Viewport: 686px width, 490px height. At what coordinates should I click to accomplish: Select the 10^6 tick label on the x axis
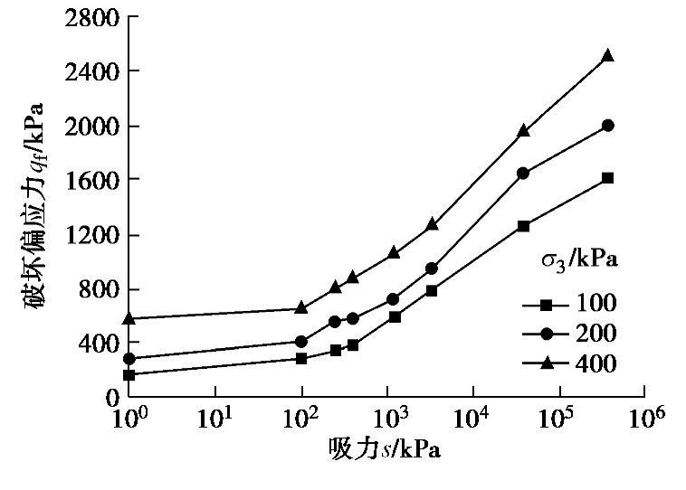pos(644,418)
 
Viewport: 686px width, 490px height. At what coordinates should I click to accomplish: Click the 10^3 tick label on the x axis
pos(387,418)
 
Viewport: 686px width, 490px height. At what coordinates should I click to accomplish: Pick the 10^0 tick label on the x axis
pos(129,418)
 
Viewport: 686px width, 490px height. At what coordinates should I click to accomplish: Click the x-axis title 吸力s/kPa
pos(386,449)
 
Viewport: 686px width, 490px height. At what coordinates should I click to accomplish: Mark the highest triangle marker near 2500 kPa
pos(608,56)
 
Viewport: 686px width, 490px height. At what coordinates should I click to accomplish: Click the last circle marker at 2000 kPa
pos(608,126)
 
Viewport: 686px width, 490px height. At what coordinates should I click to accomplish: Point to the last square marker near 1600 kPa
pos(608,178)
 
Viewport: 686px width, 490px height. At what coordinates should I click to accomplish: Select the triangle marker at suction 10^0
pos(129,318)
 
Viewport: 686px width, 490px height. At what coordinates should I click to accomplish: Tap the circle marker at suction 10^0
pos(129,359)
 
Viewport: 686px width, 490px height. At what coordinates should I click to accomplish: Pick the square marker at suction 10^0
pos(129,374)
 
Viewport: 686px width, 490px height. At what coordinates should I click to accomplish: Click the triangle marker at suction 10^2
pos(301,308)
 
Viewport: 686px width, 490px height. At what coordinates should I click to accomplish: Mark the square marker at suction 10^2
pos(301,358)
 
